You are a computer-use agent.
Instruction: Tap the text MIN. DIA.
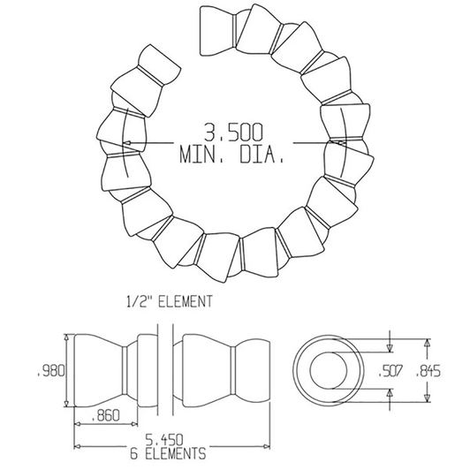[231, 157]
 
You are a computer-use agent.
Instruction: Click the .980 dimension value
[52, 371]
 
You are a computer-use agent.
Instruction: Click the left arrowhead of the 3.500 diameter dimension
[129, 143]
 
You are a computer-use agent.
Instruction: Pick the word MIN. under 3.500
[201, 157]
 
